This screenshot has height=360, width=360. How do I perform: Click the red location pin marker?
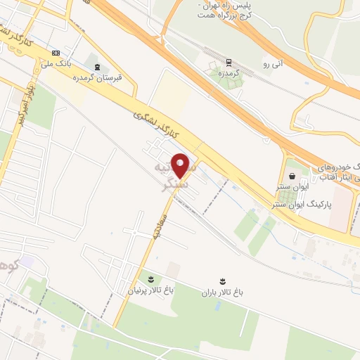[x=181, y=166]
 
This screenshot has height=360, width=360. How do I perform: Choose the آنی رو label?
[x=271, y=64]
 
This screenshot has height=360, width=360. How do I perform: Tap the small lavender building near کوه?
[x=27, y=262]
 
